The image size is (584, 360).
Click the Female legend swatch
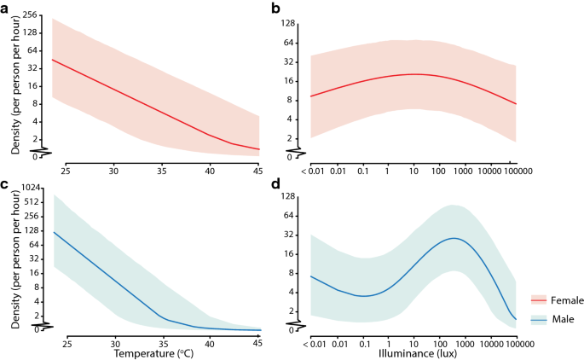(x=538, y=299)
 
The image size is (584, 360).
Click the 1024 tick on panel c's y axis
(x=31, y=187)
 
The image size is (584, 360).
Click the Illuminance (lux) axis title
(x=414, y=351)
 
